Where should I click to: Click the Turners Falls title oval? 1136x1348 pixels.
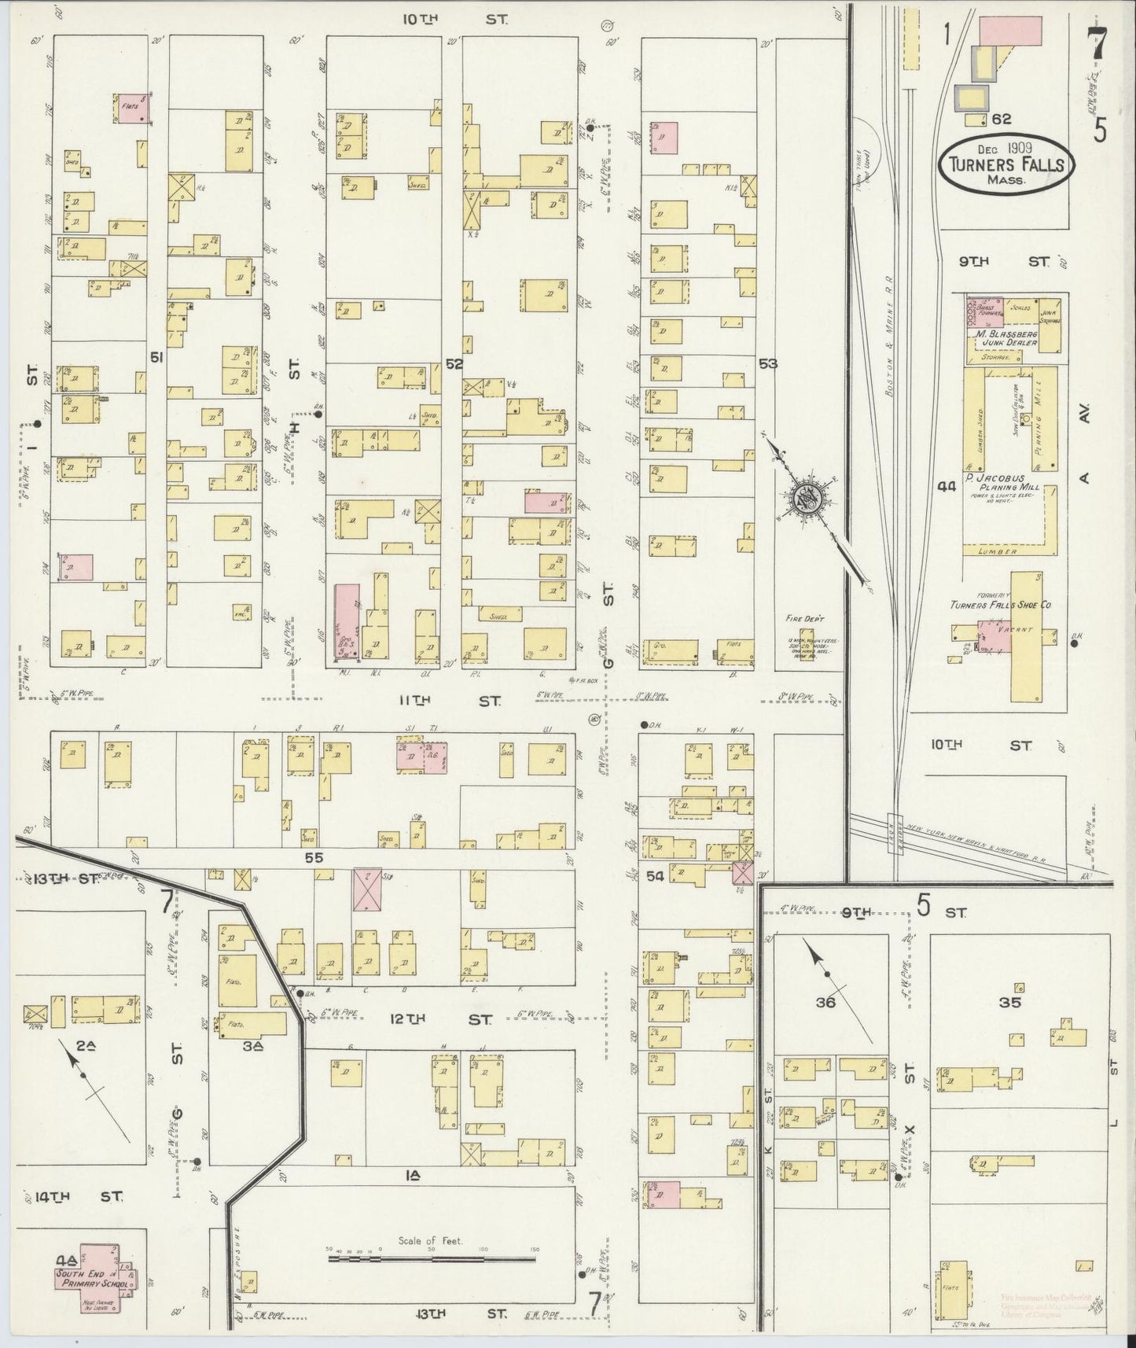pyautogui.click(x=1006, y=163)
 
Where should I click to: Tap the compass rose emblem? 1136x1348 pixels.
pyautogui.click(x=807, y=498)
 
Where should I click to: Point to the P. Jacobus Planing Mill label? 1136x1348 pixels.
pyautogui.click(x=1006, y=487)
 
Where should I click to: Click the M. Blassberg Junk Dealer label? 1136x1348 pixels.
pyautogui.click(x=1006, y=338)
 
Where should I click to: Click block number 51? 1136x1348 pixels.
pyautogui.click(x=157, y=358)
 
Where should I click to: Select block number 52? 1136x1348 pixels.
pyautogui.click(x=454, y=364)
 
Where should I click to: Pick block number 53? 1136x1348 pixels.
pyautogui.click(x=768, y=363)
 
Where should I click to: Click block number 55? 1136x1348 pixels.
pyautogui.click(x=314, y=859)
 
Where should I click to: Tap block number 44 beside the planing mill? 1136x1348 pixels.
pyautogui.click(x=947, y=487)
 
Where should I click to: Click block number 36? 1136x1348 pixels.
pyautogui.click(x=825, y=1003)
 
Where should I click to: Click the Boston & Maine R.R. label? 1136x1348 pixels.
pyautogui.click(x=891, y=350)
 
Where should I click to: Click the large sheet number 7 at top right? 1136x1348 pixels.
pyautogui.click(x=1097, y=43)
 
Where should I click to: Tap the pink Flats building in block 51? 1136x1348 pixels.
pyautogui.click(x=134, y=109)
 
